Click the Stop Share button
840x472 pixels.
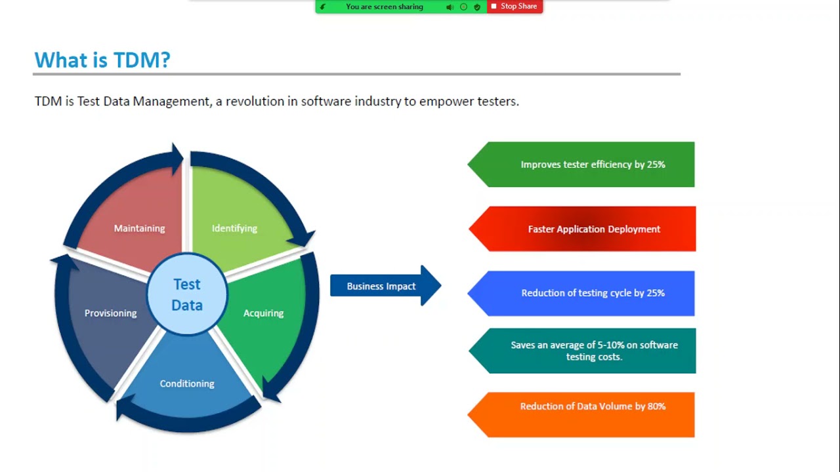click(514, 7)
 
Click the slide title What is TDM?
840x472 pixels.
click(102, 60)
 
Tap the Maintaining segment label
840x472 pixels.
click(140, 228)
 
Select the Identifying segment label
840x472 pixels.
click(234, 228)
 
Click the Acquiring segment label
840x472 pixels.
click(263, 313)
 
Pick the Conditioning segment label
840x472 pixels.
click(187, 383)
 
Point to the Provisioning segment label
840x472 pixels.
click(111, 313)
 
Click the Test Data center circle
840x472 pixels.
click(187, 294)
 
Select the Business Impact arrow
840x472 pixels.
click(385, 286)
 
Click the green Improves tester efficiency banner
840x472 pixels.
click(581, 165)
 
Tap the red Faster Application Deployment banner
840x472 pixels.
click(582, 229)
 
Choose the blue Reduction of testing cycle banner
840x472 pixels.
click(581, 293)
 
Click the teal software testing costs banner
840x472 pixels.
click(582, 351)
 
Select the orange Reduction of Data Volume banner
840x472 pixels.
click(581, 415)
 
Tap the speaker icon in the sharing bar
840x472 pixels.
click(450, 7)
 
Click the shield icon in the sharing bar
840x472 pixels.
click(477, 7)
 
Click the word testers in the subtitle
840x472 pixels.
click(498, 101)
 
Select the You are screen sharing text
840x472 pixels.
click(385, 7)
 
